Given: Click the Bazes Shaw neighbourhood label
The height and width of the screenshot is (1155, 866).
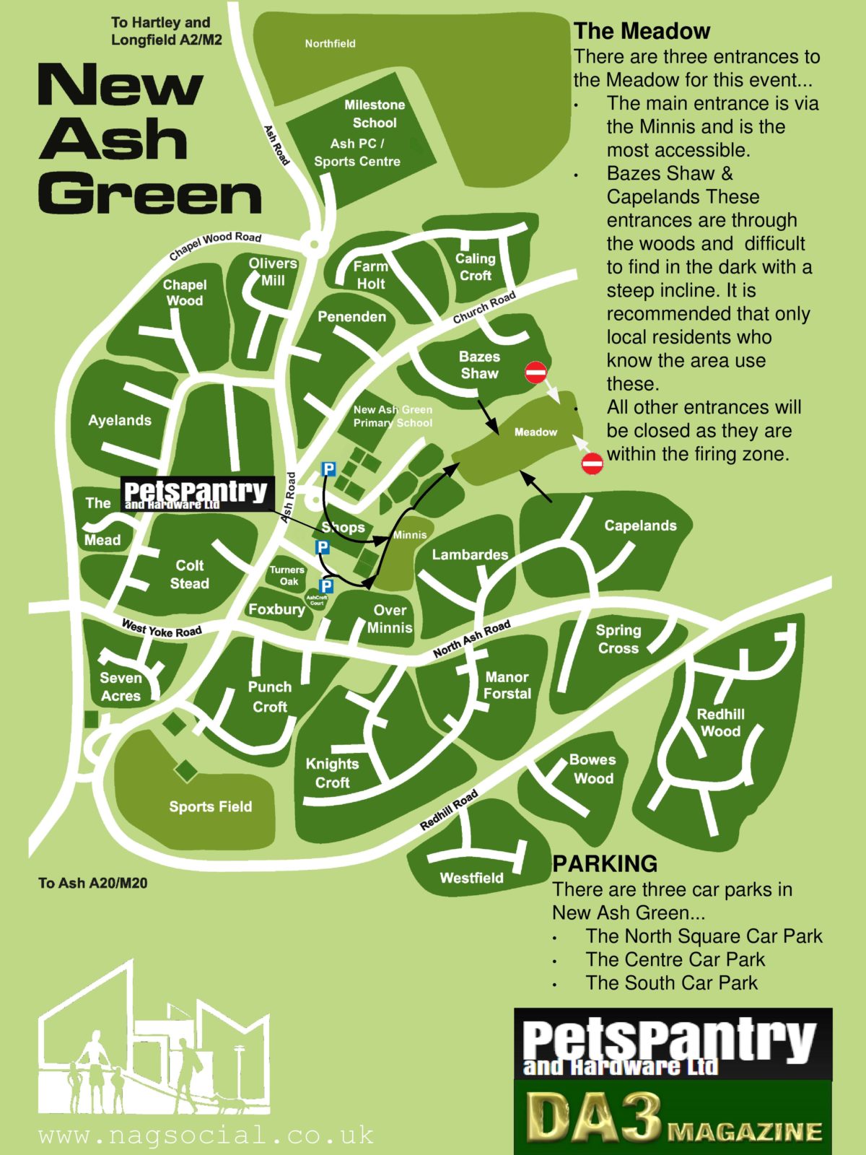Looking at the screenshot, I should coord(479,365).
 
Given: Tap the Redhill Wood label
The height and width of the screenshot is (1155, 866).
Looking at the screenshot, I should coord(720,723).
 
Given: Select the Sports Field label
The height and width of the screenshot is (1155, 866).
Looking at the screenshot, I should coord(210,806).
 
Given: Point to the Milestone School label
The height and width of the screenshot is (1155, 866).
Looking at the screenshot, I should coord(374,114).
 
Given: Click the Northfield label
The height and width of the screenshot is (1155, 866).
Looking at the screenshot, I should coord(330,43).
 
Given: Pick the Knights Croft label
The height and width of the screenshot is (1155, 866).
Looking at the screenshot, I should coord(332,773).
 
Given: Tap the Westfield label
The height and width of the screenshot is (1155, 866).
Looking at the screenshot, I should coord(471,878).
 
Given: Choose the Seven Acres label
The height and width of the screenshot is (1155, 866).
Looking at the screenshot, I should coord(121,687).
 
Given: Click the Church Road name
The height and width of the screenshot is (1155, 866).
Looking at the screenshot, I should coord(484,308).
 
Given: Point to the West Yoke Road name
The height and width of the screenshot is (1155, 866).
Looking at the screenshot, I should coord(162,629).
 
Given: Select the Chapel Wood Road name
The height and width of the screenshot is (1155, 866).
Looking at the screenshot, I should coord(215,245).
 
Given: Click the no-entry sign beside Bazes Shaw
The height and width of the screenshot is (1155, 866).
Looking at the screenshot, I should coord(535,372).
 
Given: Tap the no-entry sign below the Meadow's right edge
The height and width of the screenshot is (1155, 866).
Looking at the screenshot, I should coord(592,463).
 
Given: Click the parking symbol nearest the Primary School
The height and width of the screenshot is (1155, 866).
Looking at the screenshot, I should coord(328,470).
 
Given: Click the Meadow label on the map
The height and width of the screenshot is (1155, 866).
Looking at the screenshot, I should coord(535,432).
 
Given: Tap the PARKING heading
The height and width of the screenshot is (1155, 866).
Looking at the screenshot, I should coord(605,863).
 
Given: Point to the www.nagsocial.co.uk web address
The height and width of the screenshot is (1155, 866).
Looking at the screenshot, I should coord(206,1135).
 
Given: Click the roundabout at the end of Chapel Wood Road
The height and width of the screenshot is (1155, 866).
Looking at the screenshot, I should coord(314,244).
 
